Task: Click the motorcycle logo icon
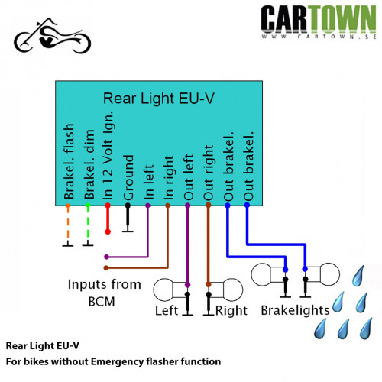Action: tap(52, 36)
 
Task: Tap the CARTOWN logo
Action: tap(319, 22)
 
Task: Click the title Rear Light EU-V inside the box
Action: tap(158, 99)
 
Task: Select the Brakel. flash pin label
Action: tap(69, 161)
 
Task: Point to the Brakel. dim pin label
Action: tap(89, 164)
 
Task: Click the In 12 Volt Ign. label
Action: tap(108, 155)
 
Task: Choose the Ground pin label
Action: tap(128, 177)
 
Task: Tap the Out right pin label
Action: tap(208, 173)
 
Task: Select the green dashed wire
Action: tap(88, 225)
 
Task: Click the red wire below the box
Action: tap(108, 219)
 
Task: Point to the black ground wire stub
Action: tap(128, 218)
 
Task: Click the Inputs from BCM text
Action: tap(104, 293)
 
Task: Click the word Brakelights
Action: tap(296, 310)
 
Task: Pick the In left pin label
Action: tap(149, 182)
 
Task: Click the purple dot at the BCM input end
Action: tap(106, 257)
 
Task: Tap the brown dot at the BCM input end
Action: tap(106, 268)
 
